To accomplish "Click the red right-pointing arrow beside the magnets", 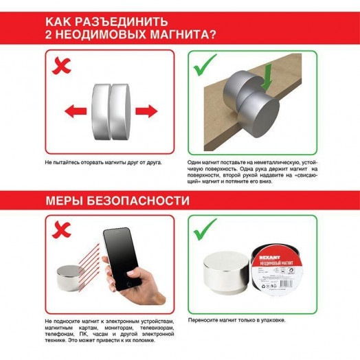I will (x=146, y=111).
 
